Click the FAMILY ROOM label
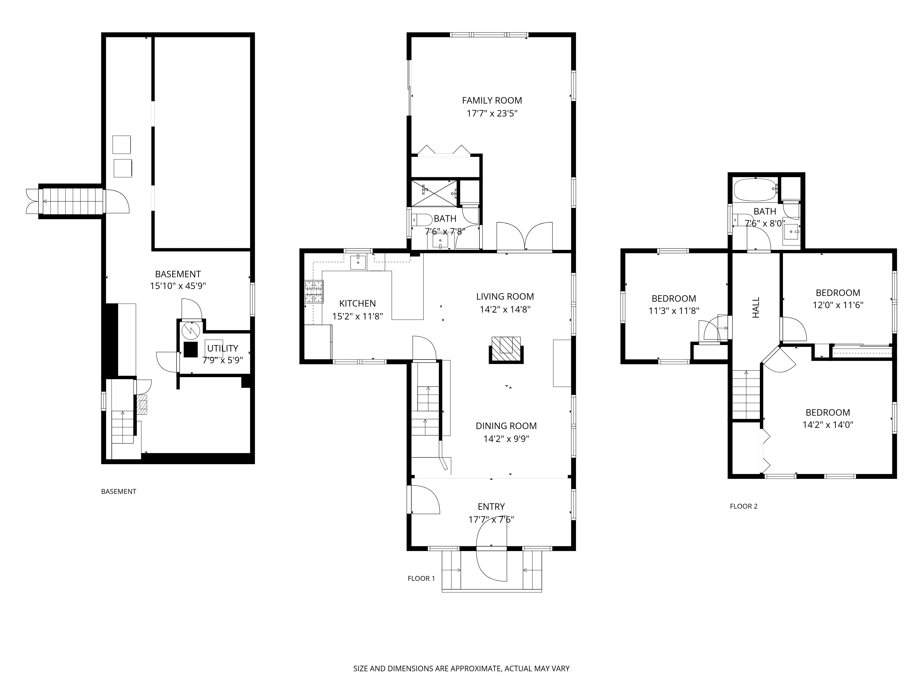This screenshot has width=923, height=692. coord(492,101)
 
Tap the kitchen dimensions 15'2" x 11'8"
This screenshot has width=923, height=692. coord(358,316)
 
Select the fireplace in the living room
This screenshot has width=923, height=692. coord(506,349)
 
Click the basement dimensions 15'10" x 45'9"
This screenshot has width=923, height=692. coord(178,286)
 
